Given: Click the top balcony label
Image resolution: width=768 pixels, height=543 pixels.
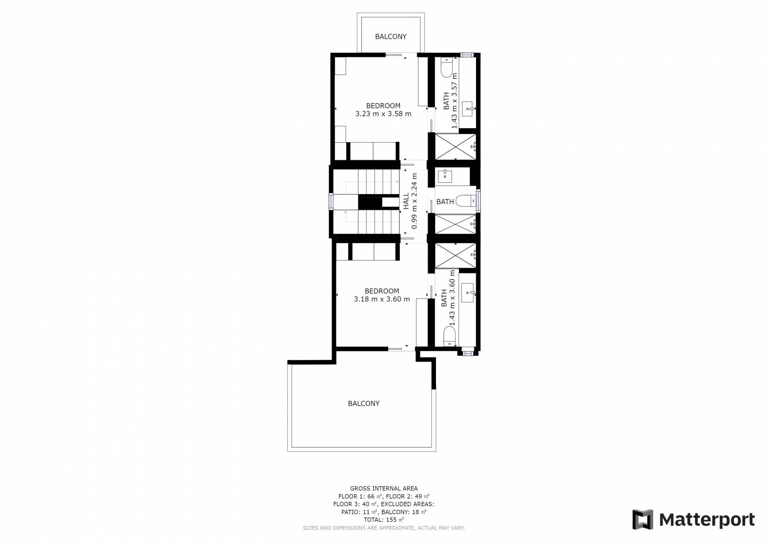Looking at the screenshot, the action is point(390,36).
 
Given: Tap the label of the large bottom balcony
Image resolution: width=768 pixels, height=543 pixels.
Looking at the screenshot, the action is point(364,403).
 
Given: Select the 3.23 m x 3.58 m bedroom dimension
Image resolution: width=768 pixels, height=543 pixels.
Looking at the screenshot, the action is point(383,114).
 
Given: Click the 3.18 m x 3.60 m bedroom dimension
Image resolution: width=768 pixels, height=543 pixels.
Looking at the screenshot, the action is point(382,299).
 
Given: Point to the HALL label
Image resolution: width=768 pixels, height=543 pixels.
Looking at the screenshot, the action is point(406,201).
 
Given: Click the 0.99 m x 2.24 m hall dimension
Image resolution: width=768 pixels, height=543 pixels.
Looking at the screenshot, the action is point(414,201).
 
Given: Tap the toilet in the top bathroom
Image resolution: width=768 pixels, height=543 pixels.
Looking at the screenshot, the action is point(446,67).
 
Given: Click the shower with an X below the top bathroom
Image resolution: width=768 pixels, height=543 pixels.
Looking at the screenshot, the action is point(455,146).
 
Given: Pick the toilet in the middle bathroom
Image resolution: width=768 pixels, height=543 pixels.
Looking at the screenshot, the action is point(466,200).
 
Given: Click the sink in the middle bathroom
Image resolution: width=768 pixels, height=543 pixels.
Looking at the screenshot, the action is point(445,176).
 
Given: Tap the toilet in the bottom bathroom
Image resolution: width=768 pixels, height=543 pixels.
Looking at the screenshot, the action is point(450,336).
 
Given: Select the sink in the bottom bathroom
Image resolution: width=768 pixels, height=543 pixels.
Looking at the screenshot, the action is point(468,293).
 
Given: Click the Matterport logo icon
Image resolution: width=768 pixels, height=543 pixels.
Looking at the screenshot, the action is point(642,519).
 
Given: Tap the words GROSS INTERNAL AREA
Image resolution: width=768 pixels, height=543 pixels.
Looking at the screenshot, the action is point(384,488).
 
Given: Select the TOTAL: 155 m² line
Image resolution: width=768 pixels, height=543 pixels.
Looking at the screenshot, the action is point(384,520).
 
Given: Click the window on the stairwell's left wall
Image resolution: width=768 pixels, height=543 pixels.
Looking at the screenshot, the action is point(331,201).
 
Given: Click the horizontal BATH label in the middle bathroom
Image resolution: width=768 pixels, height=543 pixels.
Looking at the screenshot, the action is point(445,202).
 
